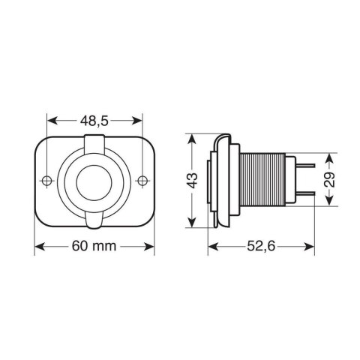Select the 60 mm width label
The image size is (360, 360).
coord(95,247)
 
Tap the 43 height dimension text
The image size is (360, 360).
coord(193,181)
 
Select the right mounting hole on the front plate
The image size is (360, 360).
coord(142,181)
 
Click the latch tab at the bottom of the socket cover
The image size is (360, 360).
coord(95,220)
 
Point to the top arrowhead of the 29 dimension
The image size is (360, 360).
coord(328,158)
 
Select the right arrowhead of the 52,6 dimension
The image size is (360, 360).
coord(310,247)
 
